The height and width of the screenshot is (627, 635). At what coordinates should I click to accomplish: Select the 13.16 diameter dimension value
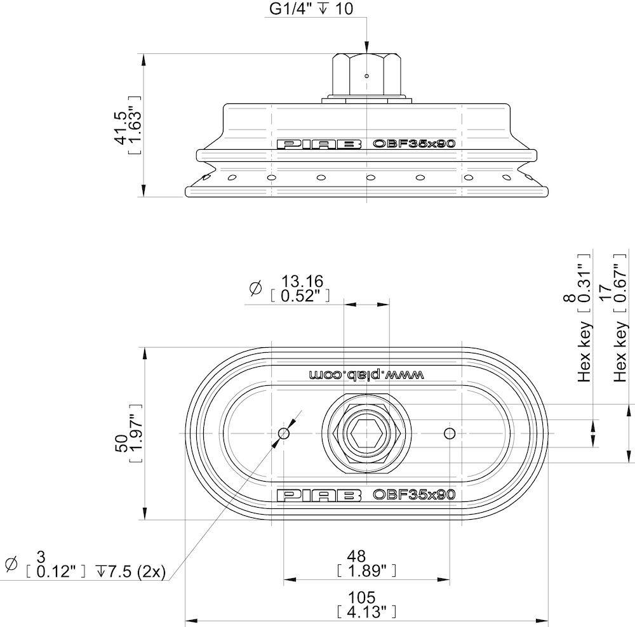(x=302, y=281)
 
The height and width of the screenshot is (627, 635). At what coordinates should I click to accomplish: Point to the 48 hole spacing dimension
(x=357, y=556)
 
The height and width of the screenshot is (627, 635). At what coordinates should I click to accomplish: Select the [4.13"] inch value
(x=366, y=612)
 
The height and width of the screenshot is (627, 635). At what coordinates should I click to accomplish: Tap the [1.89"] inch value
(x=366, y=571)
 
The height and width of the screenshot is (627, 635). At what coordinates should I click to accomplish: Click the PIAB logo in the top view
(x=319, y=495)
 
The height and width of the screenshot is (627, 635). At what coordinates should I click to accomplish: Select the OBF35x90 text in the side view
(x=414, y=143)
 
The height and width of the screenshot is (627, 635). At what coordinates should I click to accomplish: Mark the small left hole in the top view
(x=283, y=433)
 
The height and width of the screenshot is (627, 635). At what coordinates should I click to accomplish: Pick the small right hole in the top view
(x=450, y=433)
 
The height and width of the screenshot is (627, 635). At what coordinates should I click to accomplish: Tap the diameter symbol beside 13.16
(x=255, y=288)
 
